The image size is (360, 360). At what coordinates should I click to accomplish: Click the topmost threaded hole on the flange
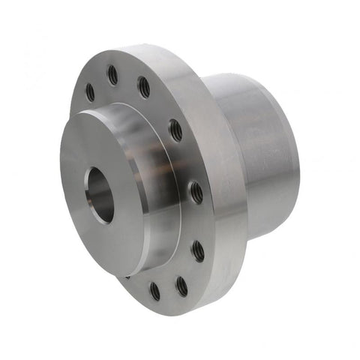[x=112, y=73]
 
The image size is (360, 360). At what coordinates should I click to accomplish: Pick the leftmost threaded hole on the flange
[x=90, y=92]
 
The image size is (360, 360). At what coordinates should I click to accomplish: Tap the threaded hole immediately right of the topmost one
[x=143, y=87]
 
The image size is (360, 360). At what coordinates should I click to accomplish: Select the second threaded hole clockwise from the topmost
[x=175, y=129]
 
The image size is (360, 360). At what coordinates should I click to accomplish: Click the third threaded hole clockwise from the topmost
[x=196, y=192]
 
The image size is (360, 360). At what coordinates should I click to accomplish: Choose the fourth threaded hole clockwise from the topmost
[x=197, y=250]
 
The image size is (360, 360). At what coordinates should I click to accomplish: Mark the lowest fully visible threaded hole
[x=154, y=291]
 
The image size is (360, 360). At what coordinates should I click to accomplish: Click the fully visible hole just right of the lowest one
[x=181, y=285]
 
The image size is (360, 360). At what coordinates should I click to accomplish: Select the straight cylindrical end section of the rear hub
[x=262, y=150]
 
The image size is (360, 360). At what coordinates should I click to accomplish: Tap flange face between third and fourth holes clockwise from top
[x=199, y=222]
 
